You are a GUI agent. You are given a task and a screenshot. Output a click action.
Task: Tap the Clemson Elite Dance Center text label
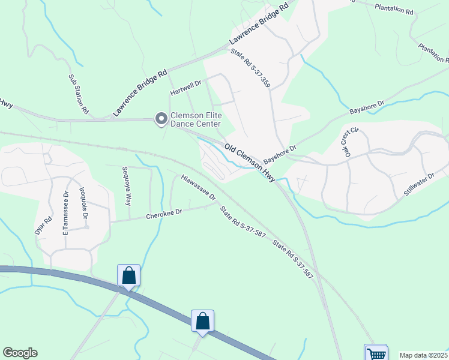195,119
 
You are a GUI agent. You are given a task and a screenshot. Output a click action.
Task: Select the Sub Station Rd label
79,95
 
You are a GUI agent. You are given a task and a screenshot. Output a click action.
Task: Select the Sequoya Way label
126,186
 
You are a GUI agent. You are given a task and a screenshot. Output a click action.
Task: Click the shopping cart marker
376,353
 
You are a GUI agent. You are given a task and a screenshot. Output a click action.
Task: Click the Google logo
20,353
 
